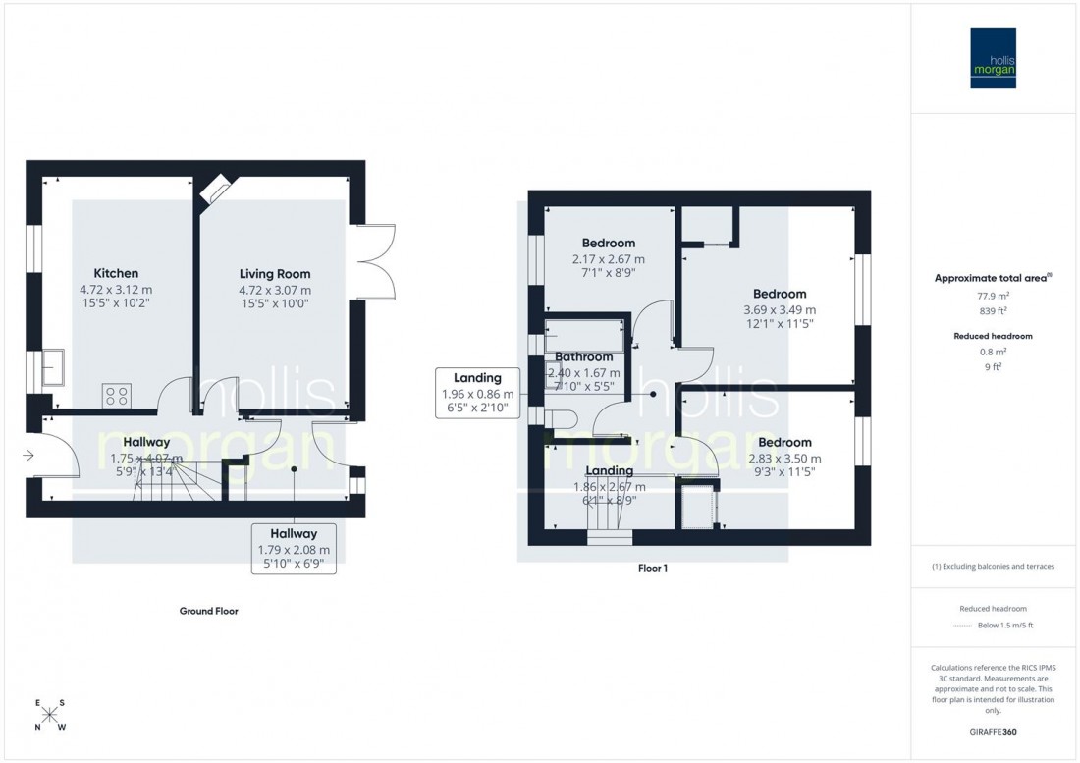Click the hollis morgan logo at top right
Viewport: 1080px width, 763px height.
pyautogui.click(x=993, y=58)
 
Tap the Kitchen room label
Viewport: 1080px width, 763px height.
pyautogui.click(x=116, y=273)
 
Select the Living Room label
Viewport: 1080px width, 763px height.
pyautogui.click(x=275, y=274)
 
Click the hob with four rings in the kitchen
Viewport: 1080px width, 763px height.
pyautogui.click(x=117, y=395)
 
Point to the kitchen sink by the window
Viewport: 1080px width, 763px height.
pyautogui.click(x=54, y=369)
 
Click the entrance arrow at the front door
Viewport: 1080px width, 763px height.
pyautogui.click(x=30, y=455)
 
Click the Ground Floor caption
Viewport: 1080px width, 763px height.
pyautogui.click(x=208, y=611)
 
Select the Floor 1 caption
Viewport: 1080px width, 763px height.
pyautogui.click(x=652, y=568)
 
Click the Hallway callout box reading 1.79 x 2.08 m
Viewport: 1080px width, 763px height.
pyautogui.click(x=294, y=547)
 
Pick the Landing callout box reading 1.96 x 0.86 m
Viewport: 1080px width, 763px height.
pyautogui.click(x=478, y=393)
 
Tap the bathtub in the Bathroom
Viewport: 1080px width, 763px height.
pyautogui.click(x=585, y=335)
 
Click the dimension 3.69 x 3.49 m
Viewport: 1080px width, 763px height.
pyautogui.click(x=780, y=308)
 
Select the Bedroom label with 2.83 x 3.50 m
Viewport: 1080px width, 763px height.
pyautogui.click(x=784, y=443)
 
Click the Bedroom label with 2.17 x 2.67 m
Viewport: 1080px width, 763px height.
pyautogui.click(x=608, y=243)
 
